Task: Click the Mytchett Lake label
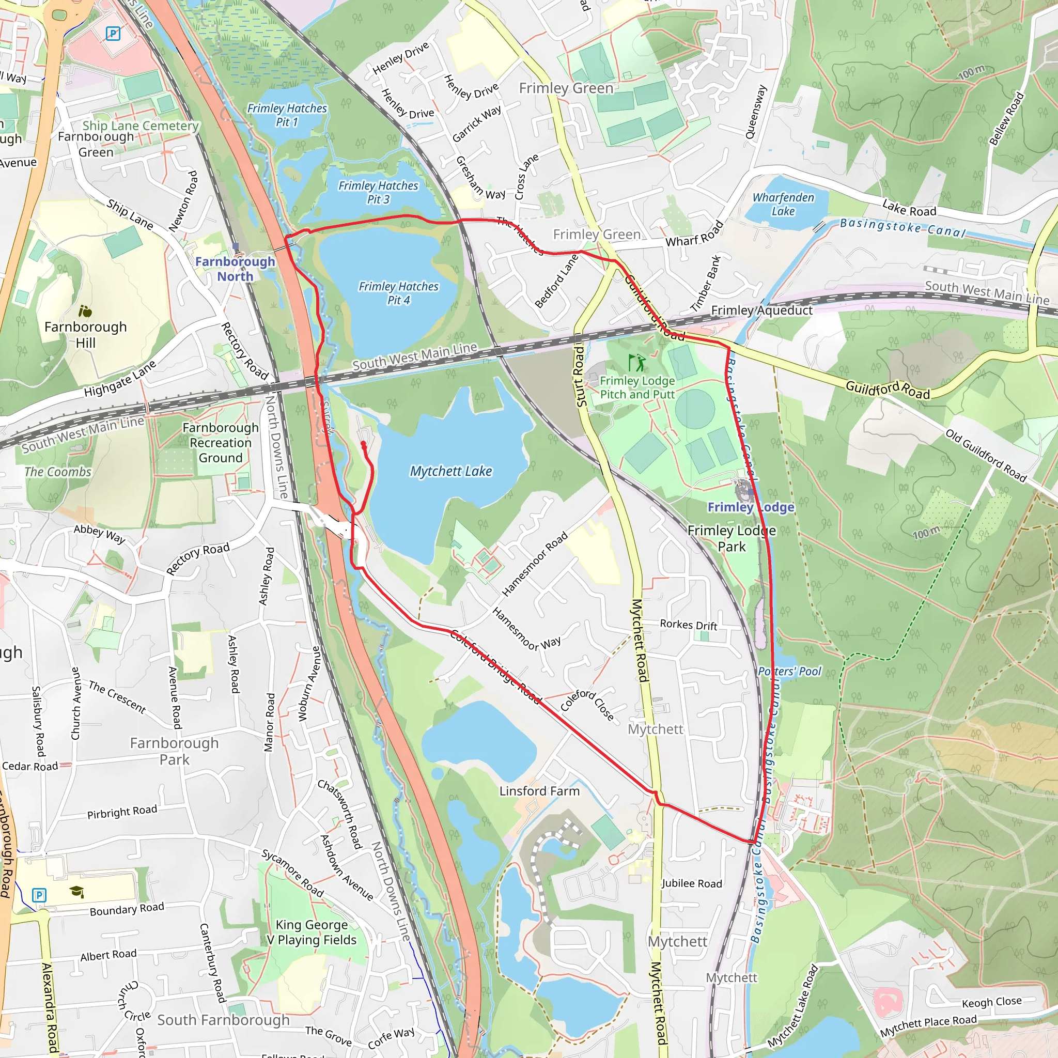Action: coord(450,471)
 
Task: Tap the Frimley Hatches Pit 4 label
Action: coord(399,293)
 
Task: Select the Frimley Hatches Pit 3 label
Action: coord(378,192)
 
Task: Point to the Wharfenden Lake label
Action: coord(783,204)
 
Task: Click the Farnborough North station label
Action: coord(235,268)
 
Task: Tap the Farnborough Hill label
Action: coord(85,334)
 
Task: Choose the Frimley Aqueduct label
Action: coord(762,310)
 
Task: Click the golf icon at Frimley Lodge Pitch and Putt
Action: coord(637,363)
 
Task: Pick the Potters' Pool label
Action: coord(790,672)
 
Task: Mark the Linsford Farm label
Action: coord(539,791)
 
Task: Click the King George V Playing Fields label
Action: coord(312,932)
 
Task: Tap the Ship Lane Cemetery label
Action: coord(141,126)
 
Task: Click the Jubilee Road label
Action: coord(692,883)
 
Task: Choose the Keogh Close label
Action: coord(992,1002)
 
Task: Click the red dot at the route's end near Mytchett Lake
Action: coord(364,444)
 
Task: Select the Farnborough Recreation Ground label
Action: coord(220,443)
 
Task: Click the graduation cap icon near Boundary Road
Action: coord(76,892)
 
